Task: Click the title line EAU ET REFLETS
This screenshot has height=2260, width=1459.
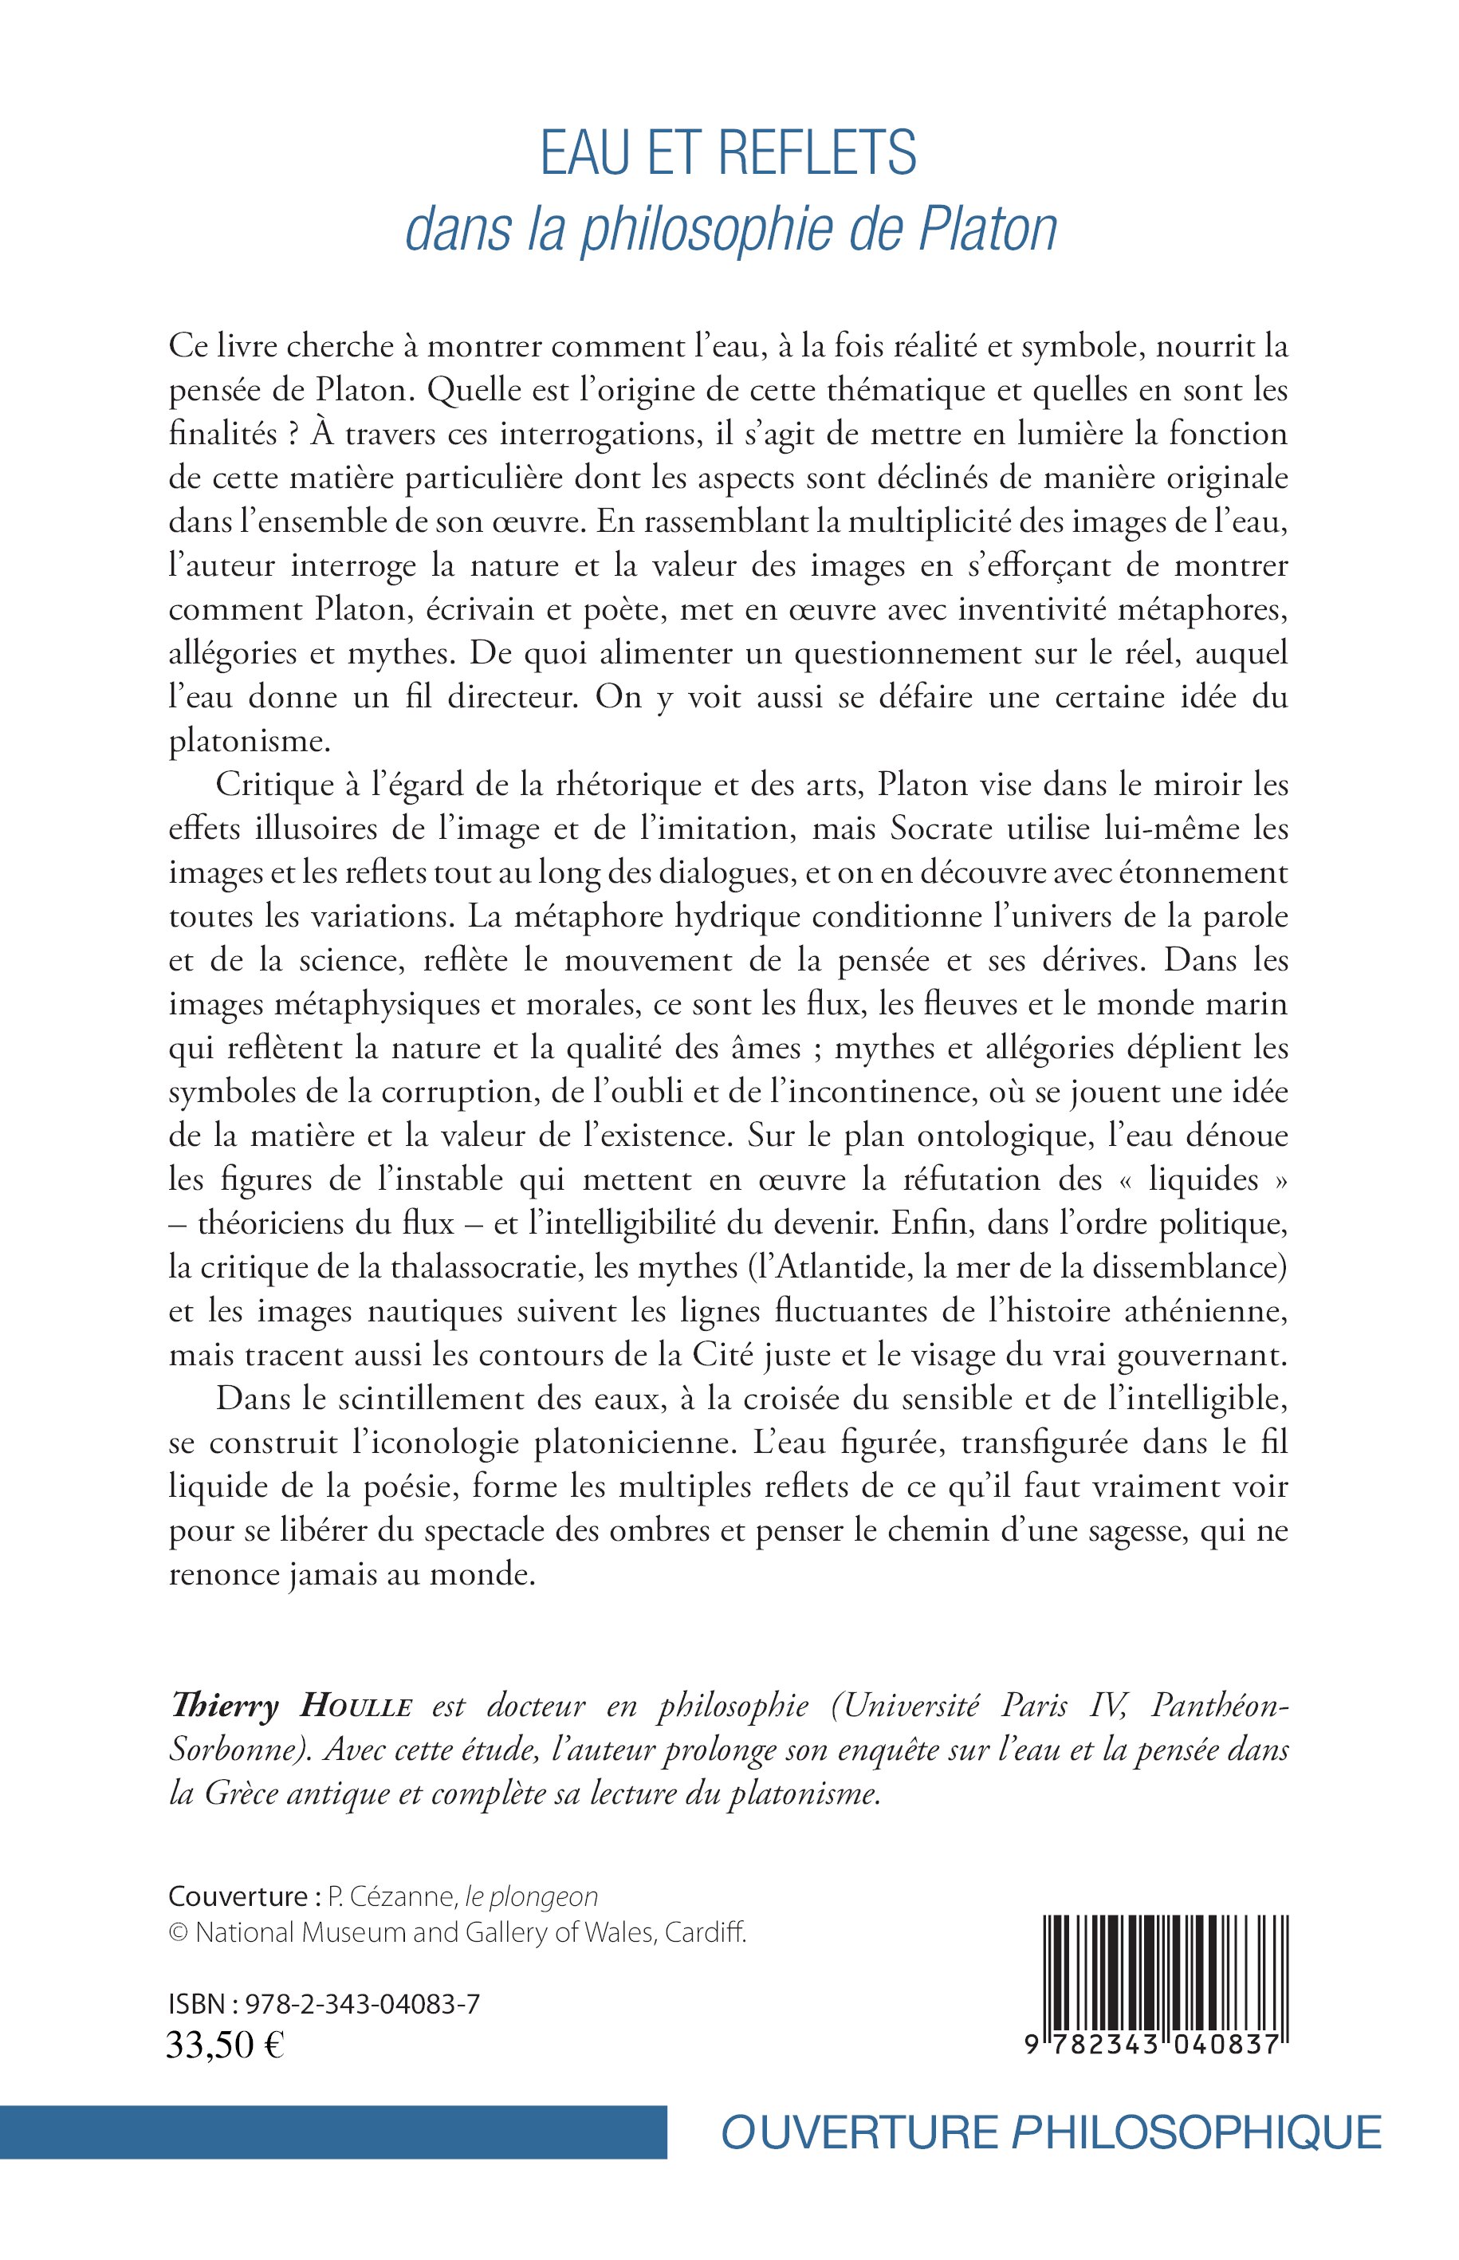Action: [x=729, y=155]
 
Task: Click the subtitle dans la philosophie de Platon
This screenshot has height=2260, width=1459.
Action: [x=730, y=230]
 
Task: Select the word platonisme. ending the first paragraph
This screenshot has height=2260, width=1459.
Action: [x=250, y=742]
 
